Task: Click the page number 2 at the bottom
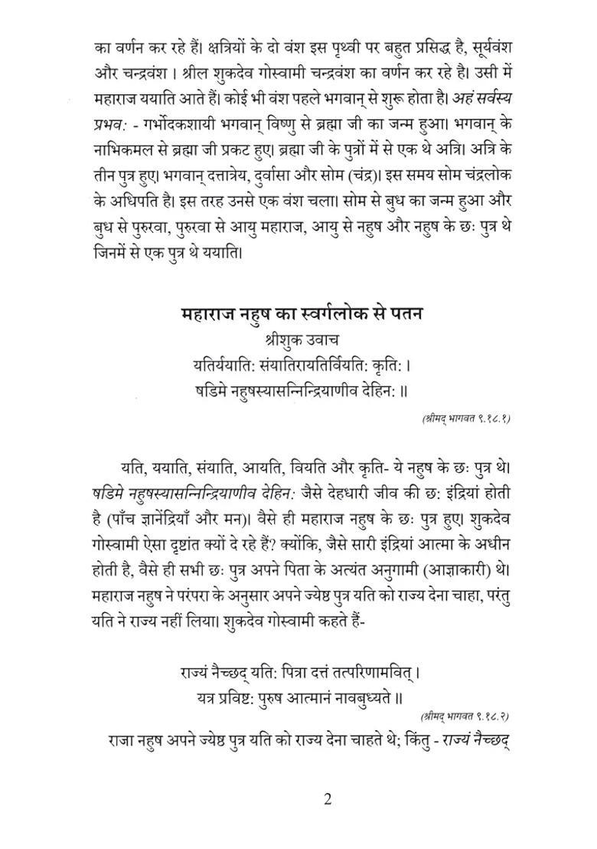328,799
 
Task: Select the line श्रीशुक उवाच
297,338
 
